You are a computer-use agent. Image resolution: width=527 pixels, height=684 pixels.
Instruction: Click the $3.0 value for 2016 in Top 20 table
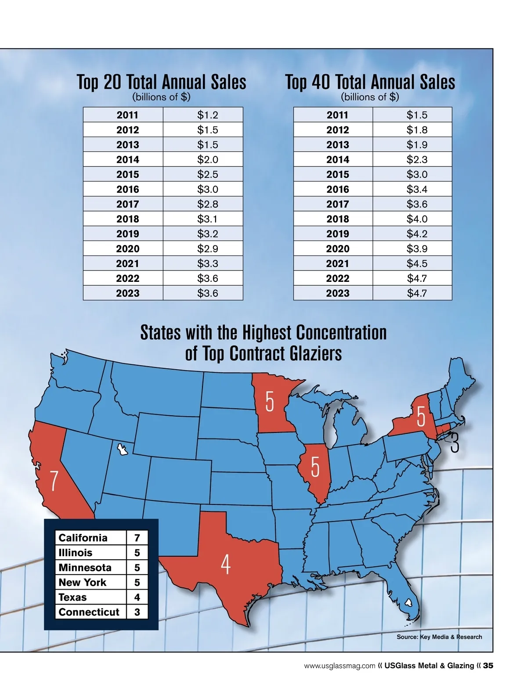207,189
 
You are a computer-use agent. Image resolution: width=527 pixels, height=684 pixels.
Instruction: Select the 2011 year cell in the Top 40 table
337,115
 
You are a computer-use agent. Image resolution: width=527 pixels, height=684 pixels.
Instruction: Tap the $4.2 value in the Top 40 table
417,234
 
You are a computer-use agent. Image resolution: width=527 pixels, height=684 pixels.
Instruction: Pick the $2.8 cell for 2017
207,204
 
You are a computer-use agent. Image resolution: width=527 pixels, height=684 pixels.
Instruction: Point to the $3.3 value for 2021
207,263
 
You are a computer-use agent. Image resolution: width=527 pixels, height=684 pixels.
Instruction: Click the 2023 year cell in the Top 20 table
127,293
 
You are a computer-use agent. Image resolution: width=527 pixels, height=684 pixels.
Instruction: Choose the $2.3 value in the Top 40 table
417,159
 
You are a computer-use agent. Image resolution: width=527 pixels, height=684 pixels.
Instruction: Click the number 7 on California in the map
54,481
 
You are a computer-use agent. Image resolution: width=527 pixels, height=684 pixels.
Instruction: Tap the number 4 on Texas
225,565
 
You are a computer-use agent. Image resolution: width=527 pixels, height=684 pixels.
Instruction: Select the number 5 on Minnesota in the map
270,402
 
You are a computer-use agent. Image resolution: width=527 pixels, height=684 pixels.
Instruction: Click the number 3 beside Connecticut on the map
455,443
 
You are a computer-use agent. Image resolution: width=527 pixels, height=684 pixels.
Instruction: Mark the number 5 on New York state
421,417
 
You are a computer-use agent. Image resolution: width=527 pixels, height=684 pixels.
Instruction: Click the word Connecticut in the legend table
89,612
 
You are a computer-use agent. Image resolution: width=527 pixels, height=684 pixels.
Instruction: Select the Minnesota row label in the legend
85,568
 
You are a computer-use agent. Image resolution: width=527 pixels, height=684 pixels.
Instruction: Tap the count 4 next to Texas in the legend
137,597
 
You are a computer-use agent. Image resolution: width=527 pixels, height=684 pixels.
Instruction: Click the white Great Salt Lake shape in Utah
122,450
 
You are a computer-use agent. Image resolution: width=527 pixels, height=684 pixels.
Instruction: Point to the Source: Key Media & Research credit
439,637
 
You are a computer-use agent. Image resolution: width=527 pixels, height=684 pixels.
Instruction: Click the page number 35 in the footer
488,666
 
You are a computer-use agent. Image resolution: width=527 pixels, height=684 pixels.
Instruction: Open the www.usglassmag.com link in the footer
339,666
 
